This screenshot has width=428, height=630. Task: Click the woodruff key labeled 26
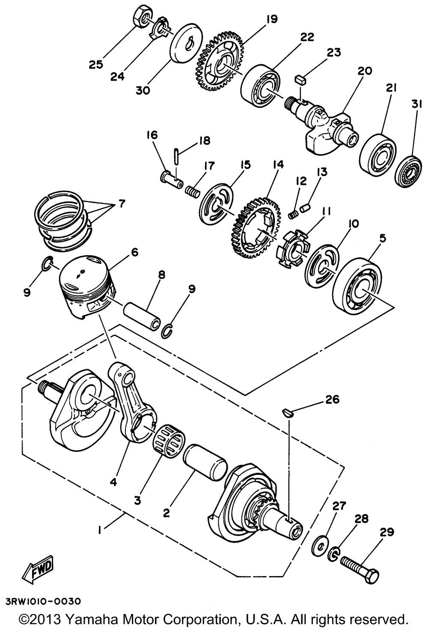click(x=288, y=412)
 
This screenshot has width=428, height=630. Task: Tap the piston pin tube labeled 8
click(x=143, y=316)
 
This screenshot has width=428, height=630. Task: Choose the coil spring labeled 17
click(x=193, y=191)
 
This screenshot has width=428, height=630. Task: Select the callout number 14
click(x=277, y=164)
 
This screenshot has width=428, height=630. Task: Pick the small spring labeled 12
click(x=293, y=214)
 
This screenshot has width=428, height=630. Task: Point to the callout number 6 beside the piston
click(x=135, y=253)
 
